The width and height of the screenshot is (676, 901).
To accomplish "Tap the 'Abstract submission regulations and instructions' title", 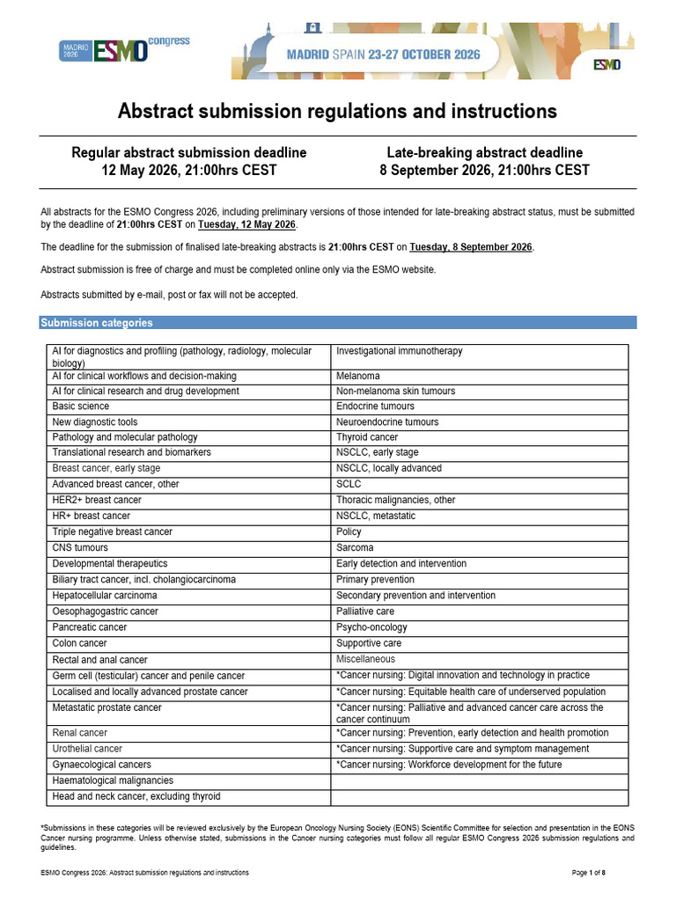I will [338, 112].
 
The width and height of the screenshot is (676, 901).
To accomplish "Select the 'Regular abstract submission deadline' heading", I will [188, 152].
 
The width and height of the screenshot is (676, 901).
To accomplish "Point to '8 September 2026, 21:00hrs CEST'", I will [484, 170].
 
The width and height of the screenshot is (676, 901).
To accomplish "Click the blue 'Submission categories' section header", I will [97, 323].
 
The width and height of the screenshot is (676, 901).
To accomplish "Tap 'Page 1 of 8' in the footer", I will [589, 872].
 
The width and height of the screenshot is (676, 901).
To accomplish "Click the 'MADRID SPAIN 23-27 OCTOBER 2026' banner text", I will [384, 55].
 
